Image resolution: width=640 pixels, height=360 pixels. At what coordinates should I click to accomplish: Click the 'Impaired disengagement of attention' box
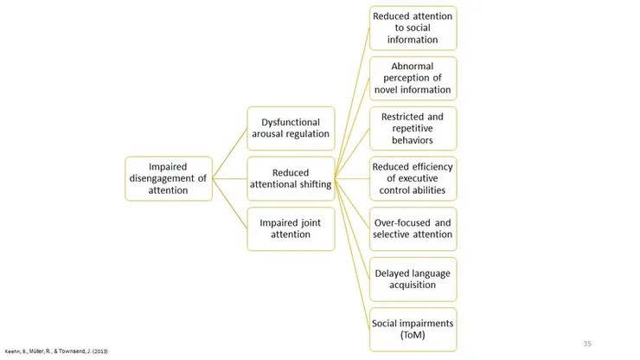(169, 178)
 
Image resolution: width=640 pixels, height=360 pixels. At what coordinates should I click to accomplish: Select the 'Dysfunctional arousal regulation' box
(291, 129)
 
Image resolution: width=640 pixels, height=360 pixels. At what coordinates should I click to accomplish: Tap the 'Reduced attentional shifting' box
(291, 178)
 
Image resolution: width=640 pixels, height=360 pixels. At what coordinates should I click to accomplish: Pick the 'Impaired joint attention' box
(291, 228)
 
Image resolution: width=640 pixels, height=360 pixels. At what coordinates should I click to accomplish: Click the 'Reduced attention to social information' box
(412, 28)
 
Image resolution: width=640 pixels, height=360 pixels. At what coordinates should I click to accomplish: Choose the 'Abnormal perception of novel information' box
(412, 78)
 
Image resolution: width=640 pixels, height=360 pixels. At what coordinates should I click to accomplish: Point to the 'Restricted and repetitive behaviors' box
(412, 128)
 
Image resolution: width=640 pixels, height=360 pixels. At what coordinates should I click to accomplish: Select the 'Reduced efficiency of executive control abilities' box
(412, 178)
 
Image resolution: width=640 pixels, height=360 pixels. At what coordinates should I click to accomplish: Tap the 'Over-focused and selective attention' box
(412, 228)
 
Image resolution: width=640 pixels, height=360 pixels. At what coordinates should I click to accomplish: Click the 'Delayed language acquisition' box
(412, 279)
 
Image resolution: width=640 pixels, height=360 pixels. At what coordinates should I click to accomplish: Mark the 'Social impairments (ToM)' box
(412, 329)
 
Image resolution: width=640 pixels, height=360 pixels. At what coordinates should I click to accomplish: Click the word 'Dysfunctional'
(291, 122)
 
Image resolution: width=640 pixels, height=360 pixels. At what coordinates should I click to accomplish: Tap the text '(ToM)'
(412, 335)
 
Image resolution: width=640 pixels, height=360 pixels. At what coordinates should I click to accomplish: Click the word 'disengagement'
(161, 178)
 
